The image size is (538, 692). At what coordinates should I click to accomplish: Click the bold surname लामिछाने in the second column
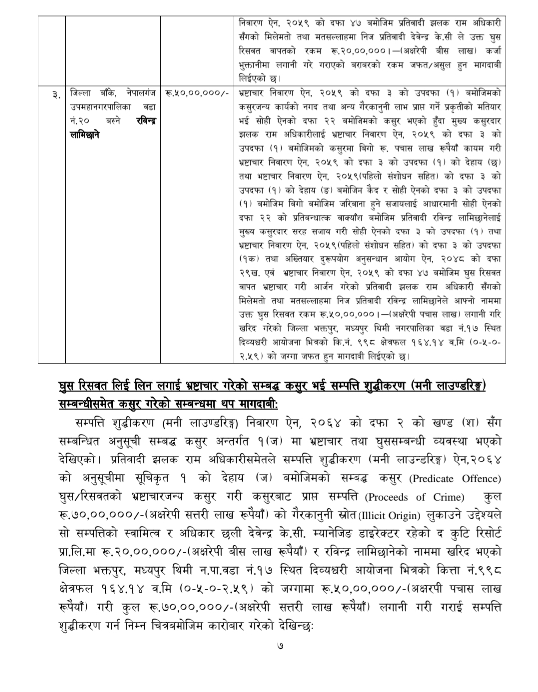click(86, 134)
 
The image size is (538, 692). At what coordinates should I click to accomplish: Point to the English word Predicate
click(431, 479)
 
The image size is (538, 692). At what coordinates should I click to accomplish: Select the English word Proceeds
click(388, 497)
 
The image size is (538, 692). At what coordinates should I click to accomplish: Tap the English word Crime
click(449, 497)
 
